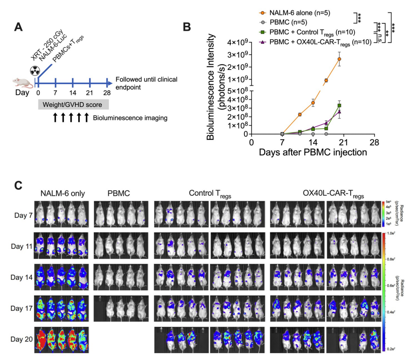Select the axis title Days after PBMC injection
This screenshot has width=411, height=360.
point(313,153)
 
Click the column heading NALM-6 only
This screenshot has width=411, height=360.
point(63,194)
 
